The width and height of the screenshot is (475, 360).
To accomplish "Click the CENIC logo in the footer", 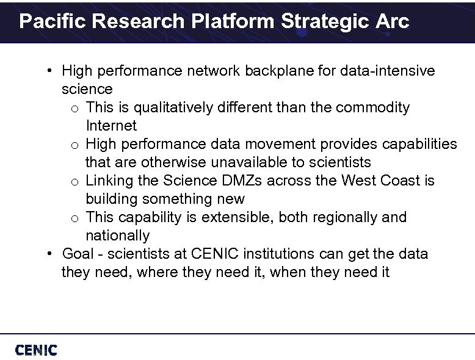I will coord(36,350).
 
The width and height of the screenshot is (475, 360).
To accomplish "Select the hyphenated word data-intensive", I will coord(388,71).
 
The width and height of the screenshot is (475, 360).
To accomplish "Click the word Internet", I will coord(111,126).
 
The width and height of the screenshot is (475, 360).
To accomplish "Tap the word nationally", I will coord(117,236).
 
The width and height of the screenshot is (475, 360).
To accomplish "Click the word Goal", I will coord(77,254).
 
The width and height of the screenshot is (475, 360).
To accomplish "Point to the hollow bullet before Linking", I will coord(73,182).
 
